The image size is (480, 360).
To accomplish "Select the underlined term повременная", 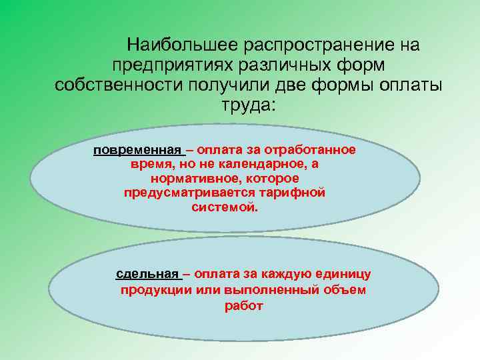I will [137, 150].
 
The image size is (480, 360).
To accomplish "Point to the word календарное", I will [249, 165].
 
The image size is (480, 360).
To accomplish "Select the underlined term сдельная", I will [147, 274].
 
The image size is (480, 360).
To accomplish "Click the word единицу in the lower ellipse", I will [345, 274].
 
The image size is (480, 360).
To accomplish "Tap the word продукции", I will [155, 291].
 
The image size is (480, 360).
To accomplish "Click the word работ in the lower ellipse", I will [245, 307].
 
